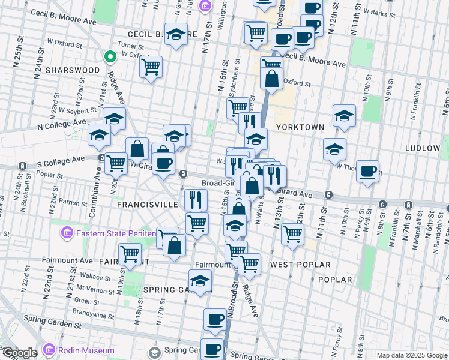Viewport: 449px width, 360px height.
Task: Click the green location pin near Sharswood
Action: pos(110,57)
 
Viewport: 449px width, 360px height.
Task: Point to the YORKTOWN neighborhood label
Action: pos(300,127)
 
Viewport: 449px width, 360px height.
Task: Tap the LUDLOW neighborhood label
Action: pos(423,148)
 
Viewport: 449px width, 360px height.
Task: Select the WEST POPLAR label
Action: pos(300,265)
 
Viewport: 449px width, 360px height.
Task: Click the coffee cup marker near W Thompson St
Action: pos(367,170)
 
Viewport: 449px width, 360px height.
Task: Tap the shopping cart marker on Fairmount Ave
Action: pos(130,253)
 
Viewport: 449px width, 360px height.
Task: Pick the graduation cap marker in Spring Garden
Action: pos(200,280)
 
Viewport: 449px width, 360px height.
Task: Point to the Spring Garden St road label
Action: pos(52,325)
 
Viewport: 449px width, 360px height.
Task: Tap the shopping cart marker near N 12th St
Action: pos(292,233)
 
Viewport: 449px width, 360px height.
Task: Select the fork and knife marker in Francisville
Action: pos(195,199)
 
